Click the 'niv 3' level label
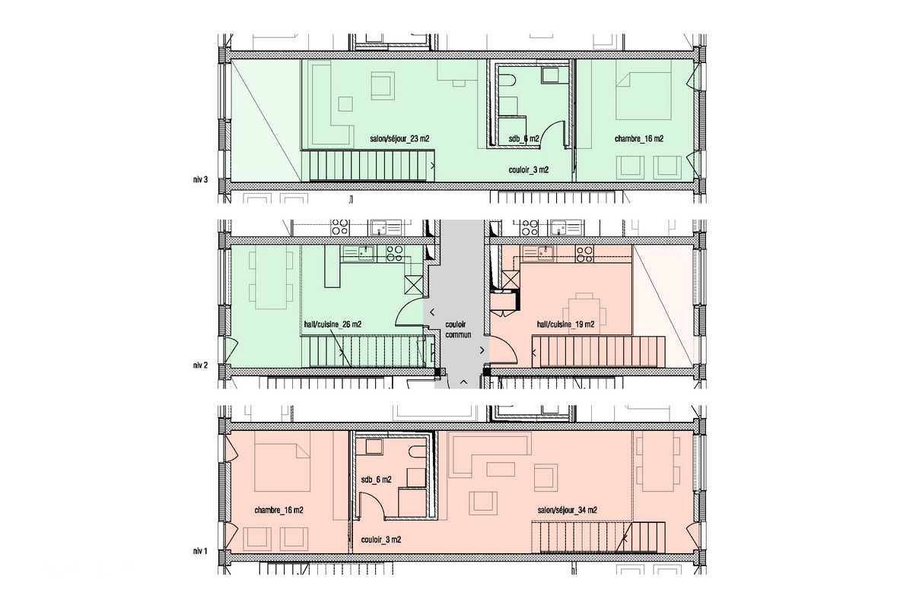coord(201,179)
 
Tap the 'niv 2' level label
coord(201,366)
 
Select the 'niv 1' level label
coord(201,552)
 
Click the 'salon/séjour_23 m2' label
coord(399,139)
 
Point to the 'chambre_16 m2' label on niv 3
coord(638,139)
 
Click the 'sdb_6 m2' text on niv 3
coord(523,139)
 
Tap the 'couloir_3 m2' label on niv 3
coord(528,169)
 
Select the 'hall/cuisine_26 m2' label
coord(332,325)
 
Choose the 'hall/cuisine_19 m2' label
coord(565,325)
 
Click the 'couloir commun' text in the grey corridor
coord(458,329)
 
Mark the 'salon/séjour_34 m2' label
coord(567,510)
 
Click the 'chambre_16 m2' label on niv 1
coord(278,510)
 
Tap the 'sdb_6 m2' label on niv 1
coord(376,480)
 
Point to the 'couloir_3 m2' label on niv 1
coord(380,540)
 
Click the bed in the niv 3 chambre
coord(643,96)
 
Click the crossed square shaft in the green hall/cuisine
coord(413,285)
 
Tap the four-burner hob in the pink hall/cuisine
coord(584,254)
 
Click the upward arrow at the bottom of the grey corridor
coord(464,382)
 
